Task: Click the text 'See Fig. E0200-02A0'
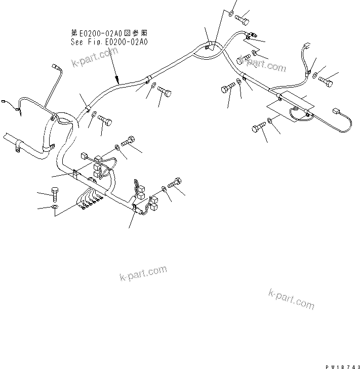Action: click(109, 43)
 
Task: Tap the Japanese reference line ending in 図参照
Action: click(109, 34)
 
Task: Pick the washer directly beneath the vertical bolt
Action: click(55, 207)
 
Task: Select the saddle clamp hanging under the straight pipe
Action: click(18, 147)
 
